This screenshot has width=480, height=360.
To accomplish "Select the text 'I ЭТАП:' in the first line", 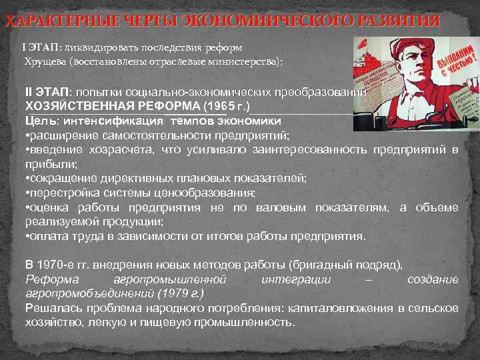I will point(44,49).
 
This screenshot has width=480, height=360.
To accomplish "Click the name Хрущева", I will point(47,62).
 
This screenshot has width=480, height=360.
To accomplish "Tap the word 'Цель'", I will point(42,121).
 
